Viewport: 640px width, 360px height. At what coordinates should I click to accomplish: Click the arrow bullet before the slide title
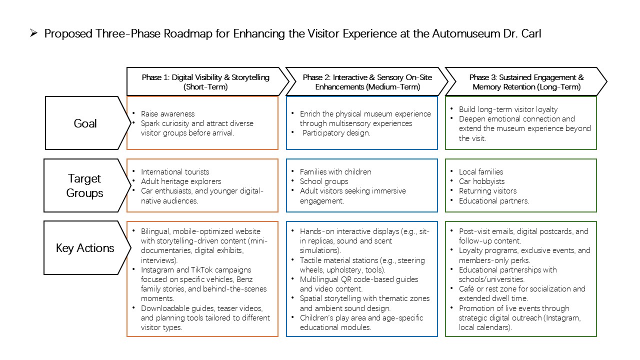pyautogui.click(x=33, y=33)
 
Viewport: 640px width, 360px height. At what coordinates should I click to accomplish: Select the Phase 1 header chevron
pyautogui.click(x=207, y=81)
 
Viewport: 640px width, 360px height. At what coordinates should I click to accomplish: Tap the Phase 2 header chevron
pyautogui.click(x=367, y=81)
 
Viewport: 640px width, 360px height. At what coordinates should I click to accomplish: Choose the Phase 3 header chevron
pyautogui.click(x=526, y=81)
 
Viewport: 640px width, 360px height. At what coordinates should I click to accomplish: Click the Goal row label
pyautogui.click(x=85, y=123)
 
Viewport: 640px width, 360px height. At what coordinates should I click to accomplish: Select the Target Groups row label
pyautogui.click(x=84, y=185)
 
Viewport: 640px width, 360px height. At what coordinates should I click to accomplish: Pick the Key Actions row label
pyautogui.click(x=85, y=248)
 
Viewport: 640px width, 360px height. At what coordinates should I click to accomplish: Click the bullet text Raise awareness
pyautogui.click(x=167, y=113)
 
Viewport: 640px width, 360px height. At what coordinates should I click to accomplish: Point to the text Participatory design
pyautogui.click(x=336, y=133)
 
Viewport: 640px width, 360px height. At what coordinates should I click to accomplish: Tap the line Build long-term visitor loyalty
pyautogui.click(x=508, y=109)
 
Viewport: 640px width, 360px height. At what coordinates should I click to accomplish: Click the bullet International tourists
pyautogui.click(x=175, y=171)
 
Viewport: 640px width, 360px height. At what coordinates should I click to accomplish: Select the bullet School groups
pyautogui.click(x=324, y=181)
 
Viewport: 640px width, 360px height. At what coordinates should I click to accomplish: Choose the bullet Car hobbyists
pyautogui.click(x=481, y=181)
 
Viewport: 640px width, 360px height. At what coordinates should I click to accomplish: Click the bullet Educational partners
pyautogui.click(x=494, y=201)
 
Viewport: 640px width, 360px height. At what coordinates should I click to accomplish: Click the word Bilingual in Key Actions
pyautogui.click(x=155, y=231)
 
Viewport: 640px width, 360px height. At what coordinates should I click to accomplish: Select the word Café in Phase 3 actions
pyautogui.click(x=466, y=289)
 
